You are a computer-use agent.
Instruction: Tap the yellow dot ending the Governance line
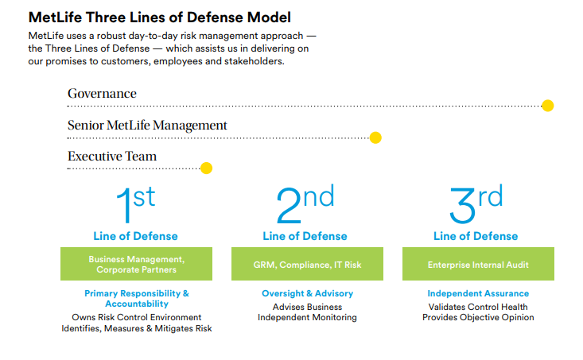[547, 106]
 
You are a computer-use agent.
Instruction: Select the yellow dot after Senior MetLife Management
[376, 137]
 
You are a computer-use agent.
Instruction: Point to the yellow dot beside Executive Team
[206, 168]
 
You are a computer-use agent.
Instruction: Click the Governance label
[102, 94]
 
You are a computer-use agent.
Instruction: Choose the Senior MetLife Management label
[147, 126]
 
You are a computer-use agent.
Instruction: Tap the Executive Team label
[112, 157]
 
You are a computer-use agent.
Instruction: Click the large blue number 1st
[135, 205]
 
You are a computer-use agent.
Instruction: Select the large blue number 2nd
[305, 205]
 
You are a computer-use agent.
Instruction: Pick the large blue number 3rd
[476, 205]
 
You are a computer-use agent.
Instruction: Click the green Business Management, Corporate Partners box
[136, 264]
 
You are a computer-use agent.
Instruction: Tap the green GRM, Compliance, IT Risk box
[307, 264]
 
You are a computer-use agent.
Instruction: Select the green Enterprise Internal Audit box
[477, 264]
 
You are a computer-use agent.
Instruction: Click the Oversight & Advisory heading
[307, 294]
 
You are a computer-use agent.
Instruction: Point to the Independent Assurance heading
[477, 294]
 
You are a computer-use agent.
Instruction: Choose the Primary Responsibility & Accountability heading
[136, 299]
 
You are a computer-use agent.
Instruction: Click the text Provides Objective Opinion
[477, 318]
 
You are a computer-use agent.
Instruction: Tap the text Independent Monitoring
[307, 318]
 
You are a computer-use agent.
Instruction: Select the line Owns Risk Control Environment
[136, 317]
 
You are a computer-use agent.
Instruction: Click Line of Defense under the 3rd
[476, 236]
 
